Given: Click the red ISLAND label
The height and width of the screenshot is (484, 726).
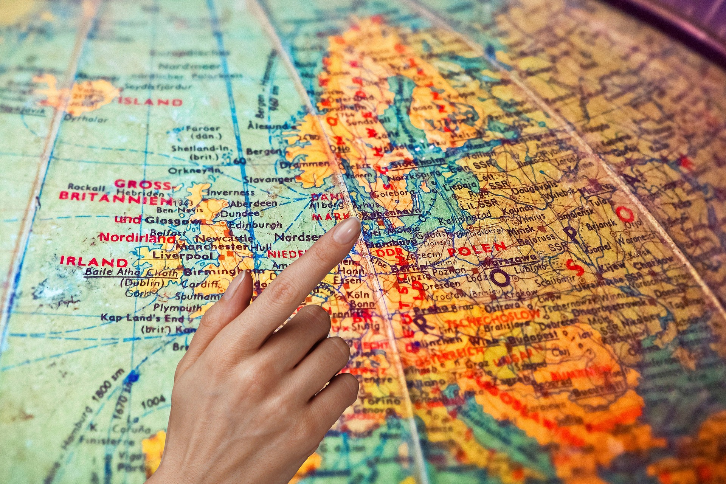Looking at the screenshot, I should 150,102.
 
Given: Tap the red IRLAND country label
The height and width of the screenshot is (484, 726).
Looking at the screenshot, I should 94,262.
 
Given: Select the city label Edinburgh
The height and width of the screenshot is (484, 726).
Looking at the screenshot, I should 255,225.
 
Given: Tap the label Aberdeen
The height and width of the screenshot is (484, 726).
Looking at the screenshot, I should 254,204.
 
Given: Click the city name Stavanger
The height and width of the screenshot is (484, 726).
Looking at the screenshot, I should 269,180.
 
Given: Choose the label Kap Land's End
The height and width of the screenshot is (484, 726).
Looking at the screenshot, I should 142,318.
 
